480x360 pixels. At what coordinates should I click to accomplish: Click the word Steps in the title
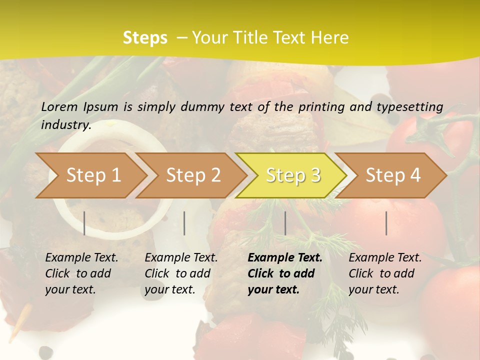coord(145,38)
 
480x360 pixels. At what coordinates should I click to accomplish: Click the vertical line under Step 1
coord(84,223)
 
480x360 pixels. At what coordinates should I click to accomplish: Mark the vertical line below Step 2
coord(184,223)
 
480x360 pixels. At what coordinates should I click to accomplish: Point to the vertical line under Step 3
coord(285,223)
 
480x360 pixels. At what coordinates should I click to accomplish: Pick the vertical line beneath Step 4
coord(386,223)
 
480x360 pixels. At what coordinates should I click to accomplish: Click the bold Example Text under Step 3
coord(285,258)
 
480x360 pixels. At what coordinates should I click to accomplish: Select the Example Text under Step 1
coord(81,258)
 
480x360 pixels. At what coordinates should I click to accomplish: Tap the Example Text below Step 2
coord(181,258)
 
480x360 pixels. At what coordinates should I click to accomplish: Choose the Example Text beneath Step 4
coord(385,258)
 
